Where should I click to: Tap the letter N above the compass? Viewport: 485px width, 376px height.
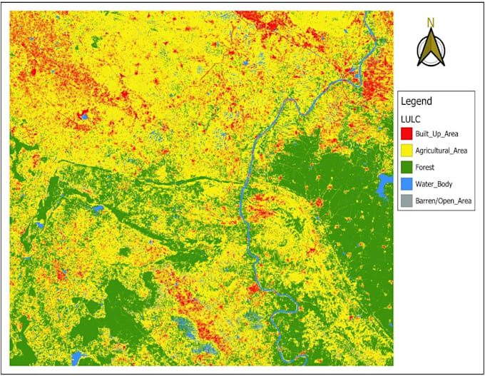[430, 23]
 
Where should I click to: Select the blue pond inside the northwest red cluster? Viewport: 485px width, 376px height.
[84, 114]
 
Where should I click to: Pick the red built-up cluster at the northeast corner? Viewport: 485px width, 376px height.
[374, 89]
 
